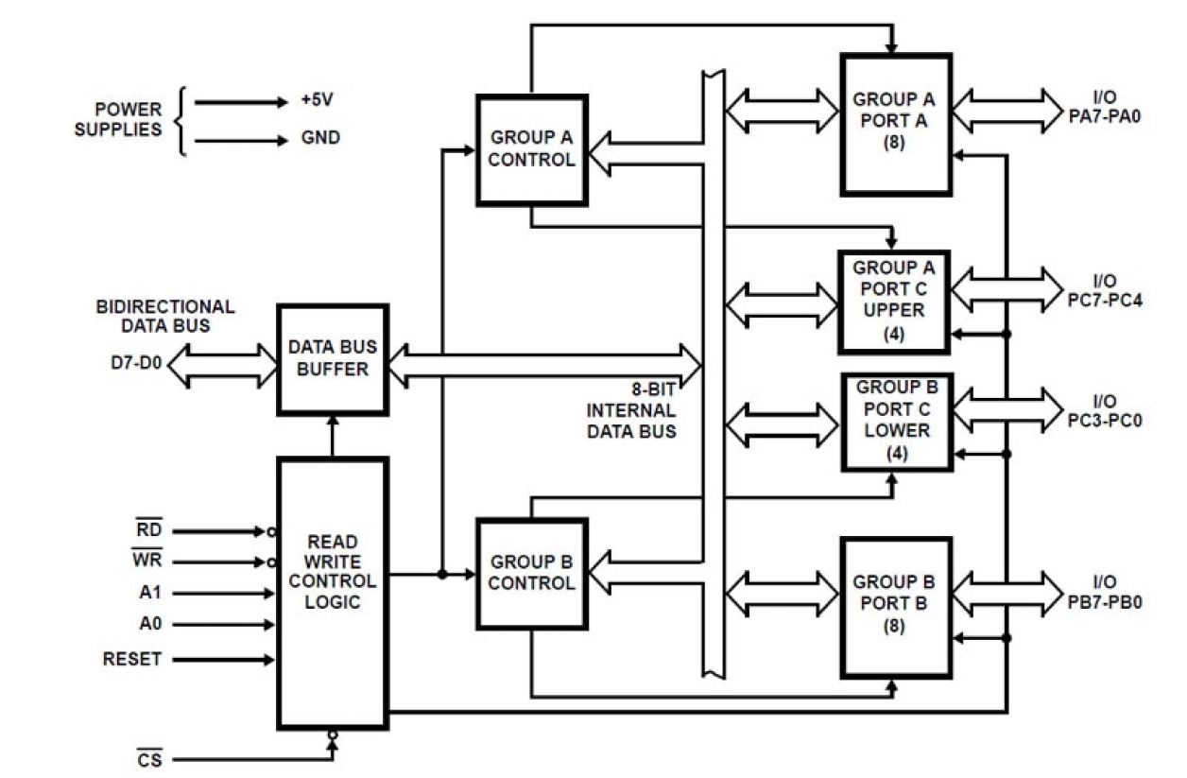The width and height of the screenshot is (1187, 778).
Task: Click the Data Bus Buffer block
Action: (x=332, y=359)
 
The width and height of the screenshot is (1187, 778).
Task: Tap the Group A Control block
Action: (x=531, y=149)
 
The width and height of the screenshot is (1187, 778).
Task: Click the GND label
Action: (x=320, y=138)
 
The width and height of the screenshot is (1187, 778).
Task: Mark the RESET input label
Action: (x=131, y=659)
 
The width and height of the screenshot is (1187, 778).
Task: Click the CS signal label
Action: (x=149, y=759)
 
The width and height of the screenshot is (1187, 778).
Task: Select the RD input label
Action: (x=149, y=531)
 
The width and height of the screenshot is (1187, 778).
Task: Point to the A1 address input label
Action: (x=149, y=594)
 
